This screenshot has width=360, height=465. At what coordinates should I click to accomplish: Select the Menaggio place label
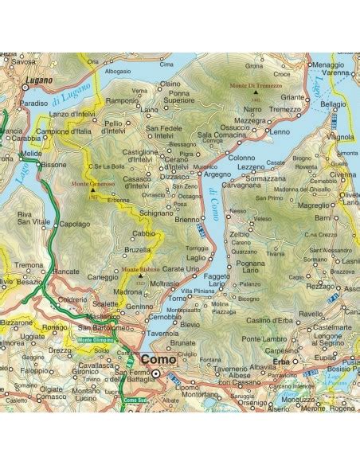click(x=329, y=64)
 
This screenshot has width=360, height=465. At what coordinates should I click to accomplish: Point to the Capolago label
click(x=76, y=224)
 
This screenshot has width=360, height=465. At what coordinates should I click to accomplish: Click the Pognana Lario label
click(x=250, y=267)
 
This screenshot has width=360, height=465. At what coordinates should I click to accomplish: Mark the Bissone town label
click(x=54, y=165)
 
